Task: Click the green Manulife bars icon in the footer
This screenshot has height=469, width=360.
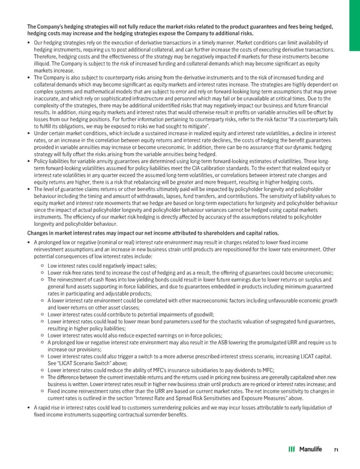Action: [291, 449]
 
